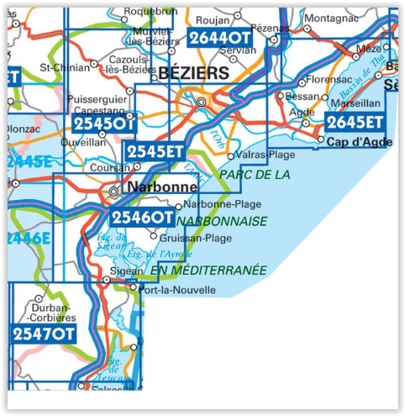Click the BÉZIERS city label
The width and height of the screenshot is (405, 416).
tap(194, 74)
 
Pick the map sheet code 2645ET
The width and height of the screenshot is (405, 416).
tap(355, 123)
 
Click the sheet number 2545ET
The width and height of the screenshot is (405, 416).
tap(154, 151)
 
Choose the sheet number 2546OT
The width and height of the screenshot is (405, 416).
tap(142, 218)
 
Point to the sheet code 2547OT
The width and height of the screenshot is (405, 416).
tap(44, 334)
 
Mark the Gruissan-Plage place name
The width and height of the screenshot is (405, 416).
tap(195, 238)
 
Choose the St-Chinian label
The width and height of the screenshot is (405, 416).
tap(62, 66)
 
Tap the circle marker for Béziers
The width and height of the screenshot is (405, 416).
tap(201, 103)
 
